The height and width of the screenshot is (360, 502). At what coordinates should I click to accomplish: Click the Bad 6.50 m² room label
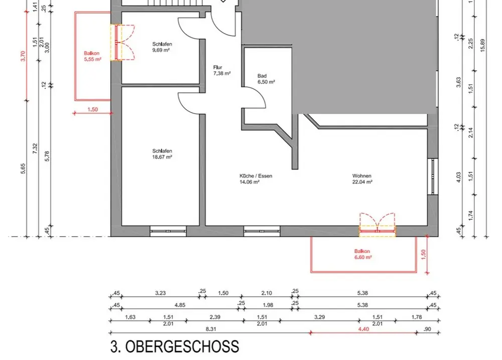pyautogui.click(x=266, y=79)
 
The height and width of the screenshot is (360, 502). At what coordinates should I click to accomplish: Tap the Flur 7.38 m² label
pyautogui.click(x=222, y=70)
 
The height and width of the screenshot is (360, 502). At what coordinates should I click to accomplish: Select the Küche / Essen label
pyautogui.click(x=256, y=176)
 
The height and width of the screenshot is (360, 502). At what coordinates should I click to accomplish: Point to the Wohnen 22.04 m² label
pyautogui.click(x=362, y=179)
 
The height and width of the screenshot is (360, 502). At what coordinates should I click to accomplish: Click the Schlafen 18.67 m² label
pyautogui.click(x=162, y=154)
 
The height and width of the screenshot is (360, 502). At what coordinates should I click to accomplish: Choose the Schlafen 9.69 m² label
pyautogui.click(x=162, y=47)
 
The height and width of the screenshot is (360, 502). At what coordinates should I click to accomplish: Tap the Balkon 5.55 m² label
pyautogui.click(x=92, y=56)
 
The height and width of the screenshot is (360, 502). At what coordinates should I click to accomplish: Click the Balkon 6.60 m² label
pyautogui.click(x=363, y=254)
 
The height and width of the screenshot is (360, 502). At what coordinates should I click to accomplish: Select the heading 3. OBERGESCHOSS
pyautogui.click(x=175, y=347)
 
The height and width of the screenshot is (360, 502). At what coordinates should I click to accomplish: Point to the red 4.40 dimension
pyautogui.click(x=363, y=329)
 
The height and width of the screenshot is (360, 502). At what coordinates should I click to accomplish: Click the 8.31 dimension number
pyautogui.click(x=210, y=329)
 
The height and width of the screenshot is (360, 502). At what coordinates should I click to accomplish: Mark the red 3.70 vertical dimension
pyautogui.click(x=23, y=56)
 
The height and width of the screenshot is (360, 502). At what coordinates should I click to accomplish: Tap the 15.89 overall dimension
pyautogui.click(x=482, y=45)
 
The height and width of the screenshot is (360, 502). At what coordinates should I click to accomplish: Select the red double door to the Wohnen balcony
pyautogui.click(x=377, y=224)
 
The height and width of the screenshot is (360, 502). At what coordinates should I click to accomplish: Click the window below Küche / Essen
pyautogui.click(x=262, y=231)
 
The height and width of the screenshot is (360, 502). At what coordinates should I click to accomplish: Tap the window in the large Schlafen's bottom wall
pyautogui.click(x=168, y=231)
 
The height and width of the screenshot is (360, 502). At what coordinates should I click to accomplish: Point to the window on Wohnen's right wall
pyautogui.click(x=433, y=176)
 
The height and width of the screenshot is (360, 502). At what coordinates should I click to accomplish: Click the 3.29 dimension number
pyautogui.click(x=319, y=317)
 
